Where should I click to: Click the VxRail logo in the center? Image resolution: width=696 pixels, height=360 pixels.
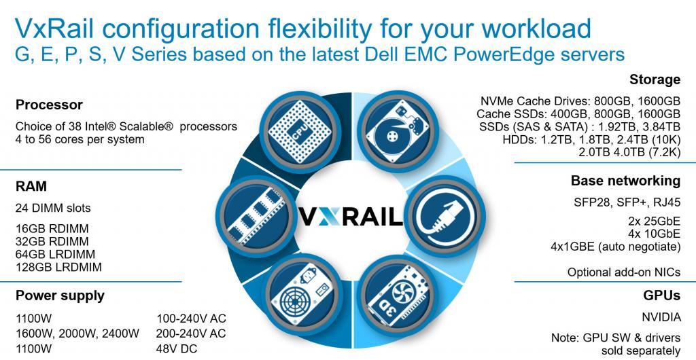(350, 216)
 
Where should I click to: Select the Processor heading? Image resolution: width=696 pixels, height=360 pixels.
(49, 105)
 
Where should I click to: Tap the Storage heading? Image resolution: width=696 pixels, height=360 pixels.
(655, 79)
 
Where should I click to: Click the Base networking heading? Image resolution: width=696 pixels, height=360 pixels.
(625, 181)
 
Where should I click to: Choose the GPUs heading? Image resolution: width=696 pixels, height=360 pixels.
(661, 295)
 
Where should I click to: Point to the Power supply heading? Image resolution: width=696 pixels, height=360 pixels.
(60, 295)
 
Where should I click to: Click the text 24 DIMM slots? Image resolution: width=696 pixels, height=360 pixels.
(53, 208)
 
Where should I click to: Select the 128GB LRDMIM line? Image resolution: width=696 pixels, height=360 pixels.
(58, 268)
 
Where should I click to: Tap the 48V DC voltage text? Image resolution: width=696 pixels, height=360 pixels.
(176, 348)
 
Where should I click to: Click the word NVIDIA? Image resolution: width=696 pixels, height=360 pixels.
(661, 317)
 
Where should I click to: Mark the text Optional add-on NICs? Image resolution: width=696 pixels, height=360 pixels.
(624, 272)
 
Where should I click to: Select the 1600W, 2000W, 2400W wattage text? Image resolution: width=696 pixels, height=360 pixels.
(77, 334)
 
